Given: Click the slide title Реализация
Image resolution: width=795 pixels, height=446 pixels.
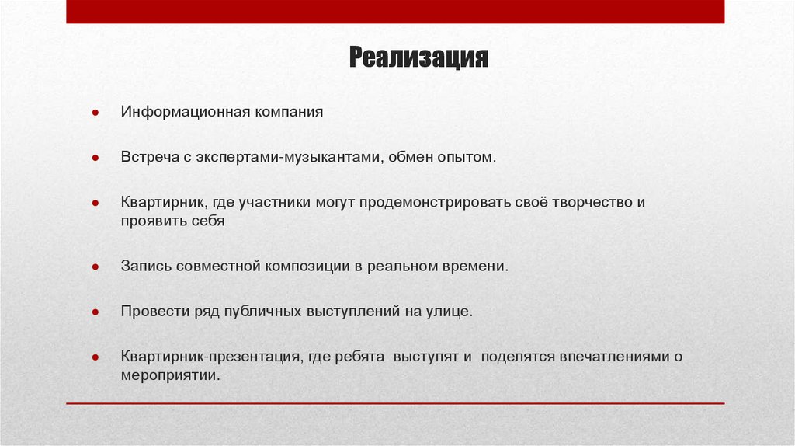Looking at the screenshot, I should click(x=418, y=58).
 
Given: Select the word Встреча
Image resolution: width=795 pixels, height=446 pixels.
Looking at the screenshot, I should click(x=148, y=157).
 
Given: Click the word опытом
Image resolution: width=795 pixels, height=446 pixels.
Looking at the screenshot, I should click(x=467, y=157).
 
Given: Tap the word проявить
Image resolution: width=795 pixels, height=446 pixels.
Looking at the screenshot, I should click(x=153, y=221).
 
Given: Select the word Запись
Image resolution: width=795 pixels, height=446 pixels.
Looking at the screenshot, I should click(x=145, y=266).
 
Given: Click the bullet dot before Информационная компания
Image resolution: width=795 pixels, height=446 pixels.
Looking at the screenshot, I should click(x=94, y=113).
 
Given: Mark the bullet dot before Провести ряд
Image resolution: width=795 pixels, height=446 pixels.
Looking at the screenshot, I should click(x=94, y=312).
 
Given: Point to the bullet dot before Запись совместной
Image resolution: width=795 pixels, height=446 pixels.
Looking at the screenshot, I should click(x=94, y=267).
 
